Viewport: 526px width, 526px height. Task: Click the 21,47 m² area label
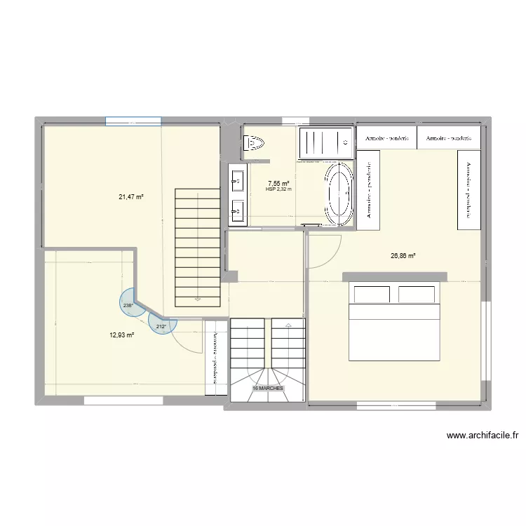[130, 197]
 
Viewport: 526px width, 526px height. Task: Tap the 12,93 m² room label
[121, 335]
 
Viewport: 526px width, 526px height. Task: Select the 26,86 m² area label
[403, 256]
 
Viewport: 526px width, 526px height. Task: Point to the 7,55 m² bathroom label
[278, 182]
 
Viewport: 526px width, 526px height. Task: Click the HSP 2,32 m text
[278, 189]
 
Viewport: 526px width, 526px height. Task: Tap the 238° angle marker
[127, 305]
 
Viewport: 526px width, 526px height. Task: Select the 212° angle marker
[161, 325]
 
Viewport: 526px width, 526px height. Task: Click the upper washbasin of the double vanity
[237, 182]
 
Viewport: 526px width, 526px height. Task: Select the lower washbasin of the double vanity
[237, 209]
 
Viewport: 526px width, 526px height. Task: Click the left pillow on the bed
[372, 294]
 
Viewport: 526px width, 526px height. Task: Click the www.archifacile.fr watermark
[482, 436]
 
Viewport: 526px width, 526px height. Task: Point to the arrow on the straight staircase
[197, 299]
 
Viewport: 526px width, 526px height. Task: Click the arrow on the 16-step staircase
[289, 325]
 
